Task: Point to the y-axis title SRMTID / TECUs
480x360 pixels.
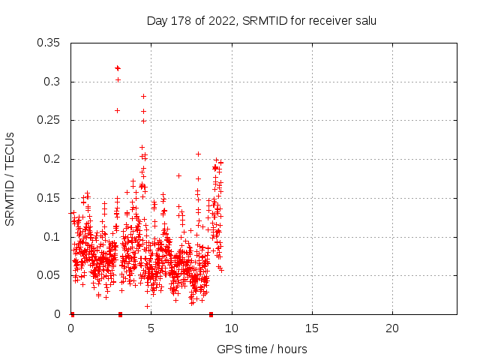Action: tap(10, 178)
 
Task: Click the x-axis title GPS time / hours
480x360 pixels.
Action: tap(262, 349)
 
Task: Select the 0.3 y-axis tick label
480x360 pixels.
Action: tap(53, 81)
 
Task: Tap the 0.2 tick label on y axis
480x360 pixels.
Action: tap(53, 159)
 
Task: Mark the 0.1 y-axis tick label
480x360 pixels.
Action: tap(53, 237)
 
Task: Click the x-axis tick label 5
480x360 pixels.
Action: tap(151, 328)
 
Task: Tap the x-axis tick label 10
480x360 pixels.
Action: tap(232, 328)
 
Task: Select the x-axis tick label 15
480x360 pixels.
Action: tap(312, 328)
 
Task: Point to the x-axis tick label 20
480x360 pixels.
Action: tap(392, 328)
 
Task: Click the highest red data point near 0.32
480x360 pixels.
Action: tap(118, 67)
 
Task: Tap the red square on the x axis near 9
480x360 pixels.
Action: tap(211, 314)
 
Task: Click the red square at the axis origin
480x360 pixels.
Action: tap(72, 314)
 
